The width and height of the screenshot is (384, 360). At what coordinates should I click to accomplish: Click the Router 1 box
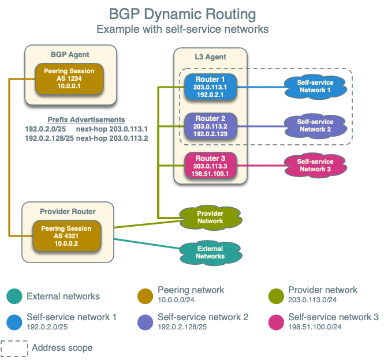[210, 87]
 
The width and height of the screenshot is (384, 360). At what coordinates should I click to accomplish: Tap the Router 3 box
[210, 166]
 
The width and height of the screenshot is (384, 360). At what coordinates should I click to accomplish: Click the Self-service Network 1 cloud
[315, 87]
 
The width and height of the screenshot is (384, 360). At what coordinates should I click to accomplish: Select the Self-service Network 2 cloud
[315, 126]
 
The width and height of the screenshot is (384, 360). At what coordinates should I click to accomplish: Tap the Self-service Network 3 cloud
[315, 166]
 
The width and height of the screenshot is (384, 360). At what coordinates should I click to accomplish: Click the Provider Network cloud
[210, 217]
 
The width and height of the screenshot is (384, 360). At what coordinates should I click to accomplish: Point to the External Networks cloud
[210, 252]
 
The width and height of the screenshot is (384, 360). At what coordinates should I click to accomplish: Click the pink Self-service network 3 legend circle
[276, 321]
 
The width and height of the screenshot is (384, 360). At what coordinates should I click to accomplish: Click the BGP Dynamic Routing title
[182, 14]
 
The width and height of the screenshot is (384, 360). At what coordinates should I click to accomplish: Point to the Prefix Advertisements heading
[86, 119]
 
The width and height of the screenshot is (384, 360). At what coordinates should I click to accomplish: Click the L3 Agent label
[210, 57]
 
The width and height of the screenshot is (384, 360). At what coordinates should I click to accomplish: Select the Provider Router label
[68, 212]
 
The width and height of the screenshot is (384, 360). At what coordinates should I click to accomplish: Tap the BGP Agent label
[70, 55]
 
